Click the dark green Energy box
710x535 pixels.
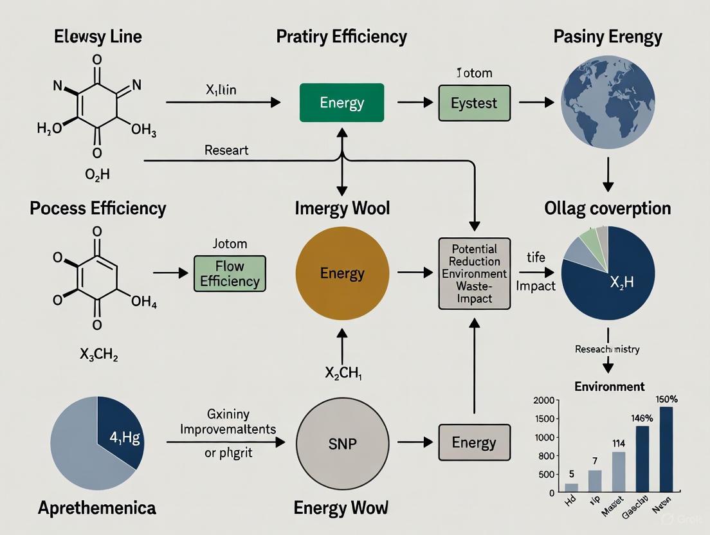341,103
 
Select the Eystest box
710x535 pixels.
474,103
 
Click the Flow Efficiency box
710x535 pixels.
230,273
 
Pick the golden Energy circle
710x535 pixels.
341,273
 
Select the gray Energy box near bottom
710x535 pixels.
474,442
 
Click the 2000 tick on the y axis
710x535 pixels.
544,401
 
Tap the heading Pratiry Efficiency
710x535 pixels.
341,36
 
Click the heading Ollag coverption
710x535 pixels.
607,208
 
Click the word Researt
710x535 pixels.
226,150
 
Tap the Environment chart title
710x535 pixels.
609,386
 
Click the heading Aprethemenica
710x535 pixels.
96,507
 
